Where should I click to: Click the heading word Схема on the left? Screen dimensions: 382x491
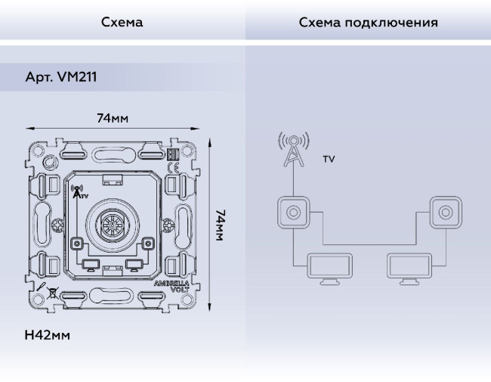(x=122, y=22)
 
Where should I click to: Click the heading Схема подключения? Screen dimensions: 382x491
(x=368, y=22)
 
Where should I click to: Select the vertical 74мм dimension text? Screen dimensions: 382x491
(x=220, y=225)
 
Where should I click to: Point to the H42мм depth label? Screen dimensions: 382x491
(x=47, y=334)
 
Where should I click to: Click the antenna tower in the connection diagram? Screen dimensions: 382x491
(x=293, y=151)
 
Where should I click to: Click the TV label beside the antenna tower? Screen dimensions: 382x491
(x=329, y=160)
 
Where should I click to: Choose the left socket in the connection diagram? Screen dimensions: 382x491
(x=292, y=212)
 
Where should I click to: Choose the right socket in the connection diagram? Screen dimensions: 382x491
(x=444, y=212)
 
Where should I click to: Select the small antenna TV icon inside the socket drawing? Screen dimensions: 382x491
(x=78, y=191)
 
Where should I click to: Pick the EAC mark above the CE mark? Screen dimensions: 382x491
(x=173, y=154)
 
